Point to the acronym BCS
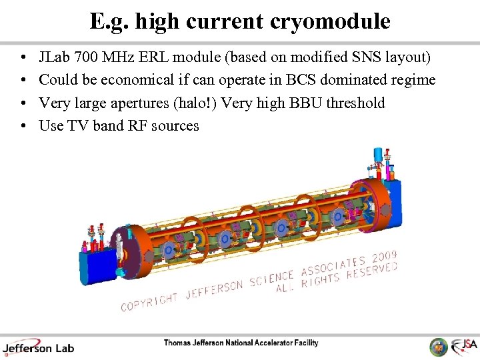(302, 81)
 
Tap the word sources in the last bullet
(175, 125)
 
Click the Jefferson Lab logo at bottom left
(38, 347)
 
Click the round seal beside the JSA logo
(438, 347)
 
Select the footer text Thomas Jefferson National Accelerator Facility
(241, 343)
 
